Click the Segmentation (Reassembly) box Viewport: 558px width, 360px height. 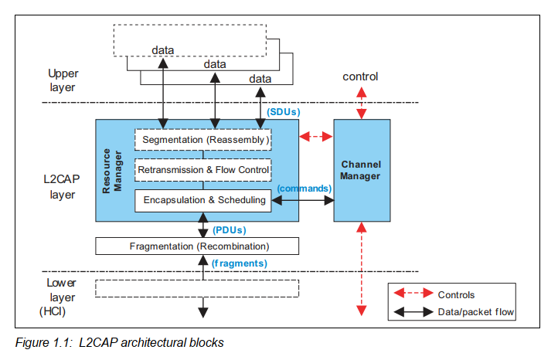coord(203,140)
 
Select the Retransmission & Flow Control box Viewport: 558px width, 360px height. coord(203,169)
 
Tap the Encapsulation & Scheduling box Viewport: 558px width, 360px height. coord(203,199)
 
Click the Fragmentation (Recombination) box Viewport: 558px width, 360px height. coord(196,246)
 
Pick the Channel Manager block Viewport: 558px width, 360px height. coord(361,171)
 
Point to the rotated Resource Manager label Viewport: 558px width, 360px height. coord(113,171)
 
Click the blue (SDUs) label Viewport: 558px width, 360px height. coord(282,111)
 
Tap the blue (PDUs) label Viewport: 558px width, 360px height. coord(230,229)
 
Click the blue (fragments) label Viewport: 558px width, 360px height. coord(239,263)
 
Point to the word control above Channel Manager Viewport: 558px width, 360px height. coord(359,77)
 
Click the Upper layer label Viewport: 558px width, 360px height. coord(63,80)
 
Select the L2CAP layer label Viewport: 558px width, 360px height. coord(61,187)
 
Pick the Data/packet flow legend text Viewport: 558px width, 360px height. coord(476,312)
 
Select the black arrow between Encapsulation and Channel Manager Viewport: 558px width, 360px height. coord(301,199)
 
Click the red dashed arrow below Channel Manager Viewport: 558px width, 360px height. coord(361,267)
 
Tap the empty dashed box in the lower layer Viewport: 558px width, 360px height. coord(196,288)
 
